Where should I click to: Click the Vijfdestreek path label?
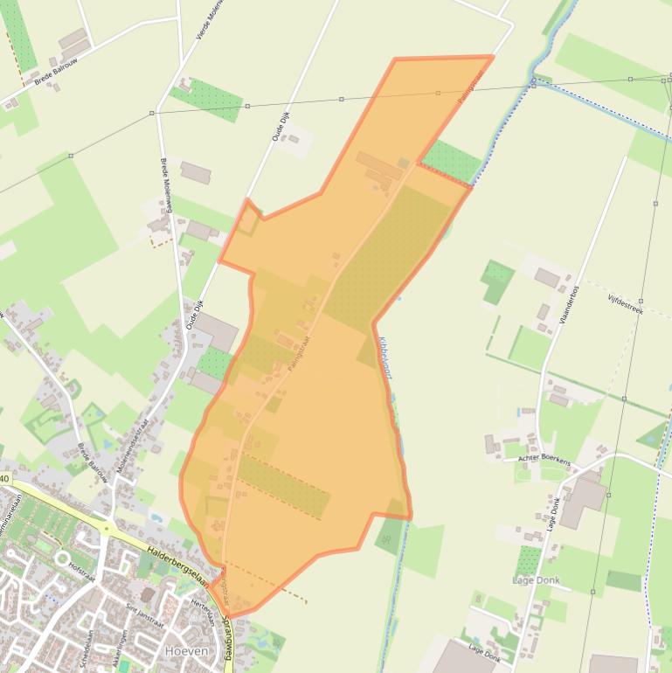(626, 302)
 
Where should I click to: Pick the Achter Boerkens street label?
(544, 460)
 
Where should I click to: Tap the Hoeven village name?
(187, 651)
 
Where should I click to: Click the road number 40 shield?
(4, 479)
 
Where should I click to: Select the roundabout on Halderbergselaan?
(107, 528)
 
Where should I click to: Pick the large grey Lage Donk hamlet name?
(536, 580)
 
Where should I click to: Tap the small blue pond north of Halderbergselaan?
(156, 517)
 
